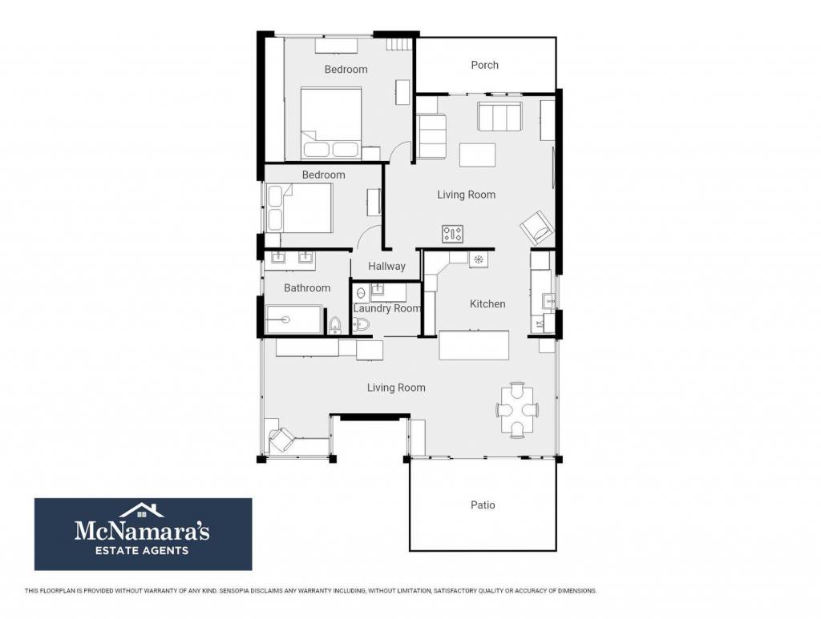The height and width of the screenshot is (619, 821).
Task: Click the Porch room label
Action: pos(484,65)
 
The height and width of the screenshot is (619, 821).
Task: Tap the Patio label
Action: pos(483,505)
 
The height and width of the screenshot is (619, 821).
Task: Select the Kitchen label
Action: pos(487,303)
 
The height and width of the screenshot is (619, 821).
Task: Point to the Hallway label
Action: pos(386,266)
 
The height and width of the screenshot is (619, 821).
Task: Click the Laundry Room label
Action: pos(387,308)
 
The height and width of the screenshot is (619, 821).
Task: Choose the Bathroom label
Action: pos(307,288)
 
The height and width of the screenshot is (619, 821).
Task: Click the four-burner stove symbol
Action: pos(452,234)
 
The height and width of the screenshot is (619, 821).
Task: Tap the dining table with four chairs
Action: pos(517,410)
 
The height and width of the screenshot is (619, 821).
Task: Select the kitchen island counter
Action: pos(474,345)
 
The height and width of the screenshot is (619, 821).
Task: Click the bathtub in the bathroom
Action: pos(293,320)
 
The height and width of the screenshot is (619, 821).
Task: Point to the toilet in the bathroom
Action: pos(335,325)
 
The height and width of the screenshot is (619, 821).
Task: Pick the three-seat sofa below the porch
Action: pos(499,117)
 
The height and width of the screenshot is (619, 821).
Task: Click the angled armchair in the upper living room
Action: pos(536,228)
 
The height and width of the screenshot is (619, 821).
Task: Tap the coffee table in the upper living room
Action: pos(478,155)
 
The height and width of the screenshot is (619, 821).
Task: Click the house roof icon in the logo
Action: pos(141,510)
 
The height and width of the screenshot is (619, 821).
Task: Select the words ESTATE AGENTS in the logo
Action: pos(141,550)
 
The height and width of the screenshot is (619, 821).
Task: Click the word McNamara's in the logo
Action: pos(142,530)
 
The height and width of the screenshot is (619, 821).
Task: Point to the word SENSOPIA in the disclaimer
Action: pos(233,591)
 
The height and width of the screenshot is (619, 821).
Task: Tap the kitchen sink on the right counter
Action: pos(548,300)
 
